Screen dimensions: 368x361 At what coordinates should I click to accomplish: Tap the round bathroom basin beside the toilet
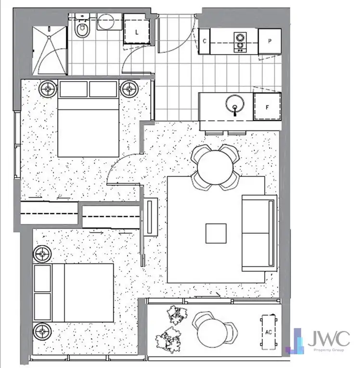tap(105, 22)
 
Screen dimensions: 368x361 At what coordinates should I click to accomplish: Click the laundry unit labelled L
tap(137, 29)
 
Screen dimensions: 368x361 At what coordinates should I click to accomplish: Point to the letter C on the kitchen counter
tap(205, 41)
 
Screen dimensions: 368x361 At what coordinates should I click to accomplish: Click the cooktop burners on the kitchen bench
tap(239, 41)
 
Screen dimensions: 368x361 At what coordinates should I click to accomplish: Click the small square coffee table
tap(215, 234)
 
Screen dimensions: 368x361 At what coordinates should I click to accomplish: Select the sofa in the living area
tap(259, 233)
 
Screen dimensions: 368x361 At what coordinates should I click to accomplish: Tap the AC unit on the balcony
tap(269, 332)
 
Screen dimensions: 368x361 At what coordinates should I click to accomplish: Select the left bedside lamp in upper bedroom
tap(48, 89)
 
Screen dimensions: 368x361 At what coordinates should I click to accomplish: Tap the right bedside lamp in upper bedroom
tap(129, 89)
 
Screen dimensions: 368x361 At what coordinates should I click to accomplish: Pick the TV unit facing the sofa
tap(151, 217)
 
